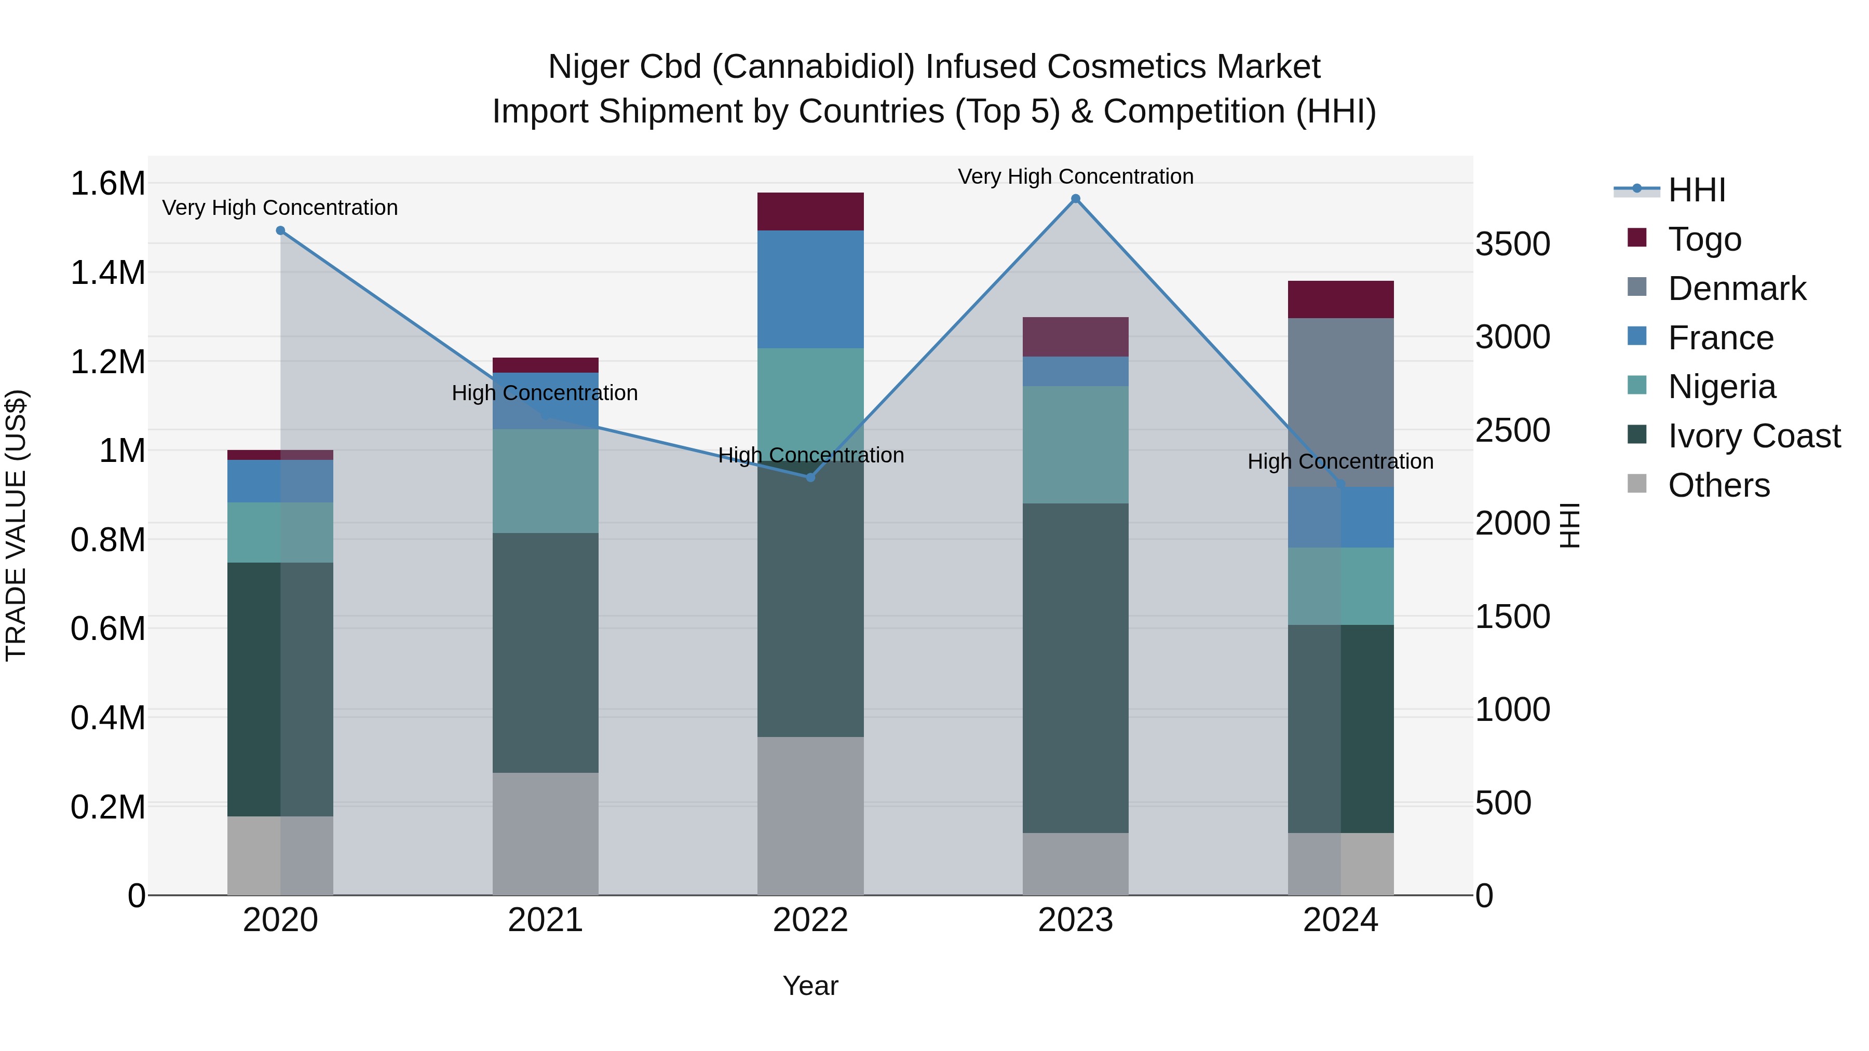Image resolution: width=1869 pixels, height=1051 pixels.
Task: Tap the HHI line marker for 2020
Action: tap(281, 230)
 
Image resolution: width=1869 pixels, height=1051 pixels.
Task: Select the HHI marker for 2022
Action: tap(810, 477)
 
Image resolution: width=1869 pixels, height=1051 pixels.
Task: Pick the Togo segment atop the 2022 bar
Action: tap(810, 211)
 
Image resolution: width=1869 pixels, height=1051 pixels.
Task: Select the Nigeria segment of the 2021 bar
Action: tap(545, 481)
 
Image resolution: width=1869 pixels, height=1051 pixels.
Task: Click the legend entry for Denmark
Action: tap(1736, 289)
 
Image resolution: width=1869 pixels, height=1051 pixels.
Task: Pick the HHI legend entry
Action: tap(1696, 190)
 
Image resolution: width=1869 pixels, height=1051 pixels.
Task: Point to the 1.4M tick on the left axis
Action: tap(107, 272)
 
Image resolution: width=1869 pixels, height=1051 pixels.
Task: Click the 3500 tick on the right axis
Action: tap(1513, 244)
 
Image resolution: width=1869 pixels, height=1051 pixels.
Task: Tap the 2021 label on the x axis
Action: tap(545, 920)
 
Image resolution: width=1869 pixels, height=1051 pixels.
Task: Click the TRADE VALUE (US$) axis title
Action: tap(16, 525)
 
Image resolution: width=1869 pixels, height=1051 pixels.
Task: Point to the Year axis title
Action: tap(810, 986)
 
